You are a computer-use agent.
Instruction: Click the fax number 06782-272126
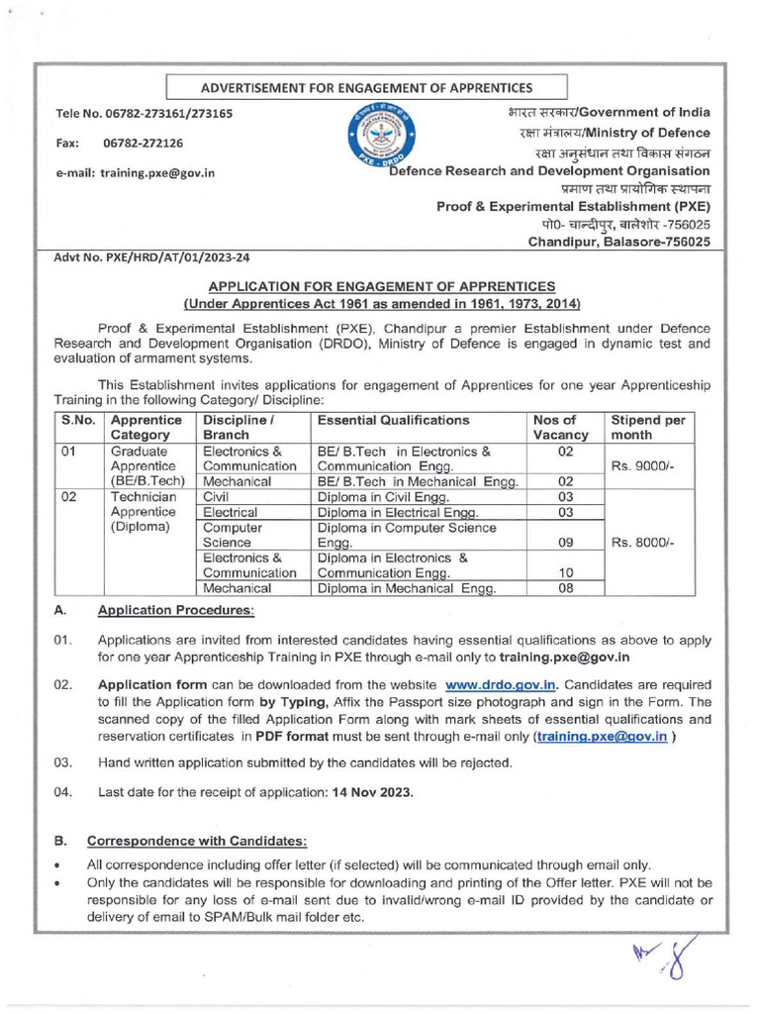coord(143,144)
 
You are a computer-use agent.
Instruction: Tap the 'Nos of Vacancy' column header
coord(560,428)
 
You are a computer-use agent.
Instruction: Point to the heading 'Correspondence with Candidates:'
coord(198,841)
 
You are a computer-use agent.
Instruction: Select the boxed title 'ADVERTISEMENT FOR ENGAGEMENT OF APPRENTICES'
coord(366,88)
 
